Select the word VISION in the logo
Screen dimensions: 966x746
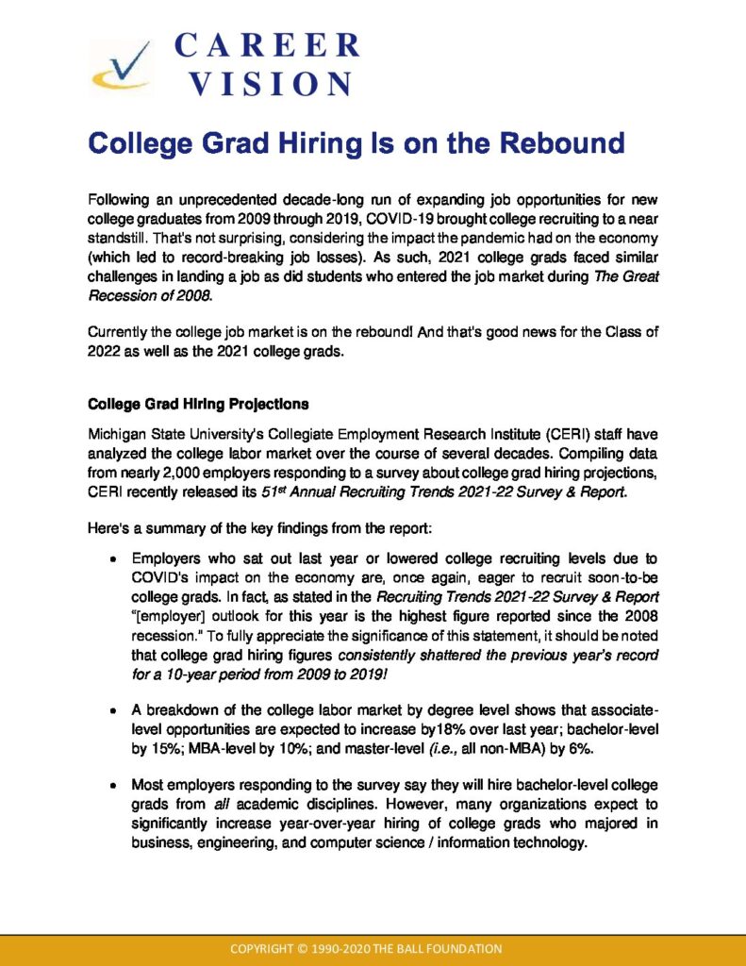click(269, 84)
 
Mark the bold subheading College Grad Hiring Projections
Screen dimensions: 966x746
click(198, 404)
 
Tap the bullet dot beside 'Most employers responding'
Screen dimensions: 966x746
click(113, 785)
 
